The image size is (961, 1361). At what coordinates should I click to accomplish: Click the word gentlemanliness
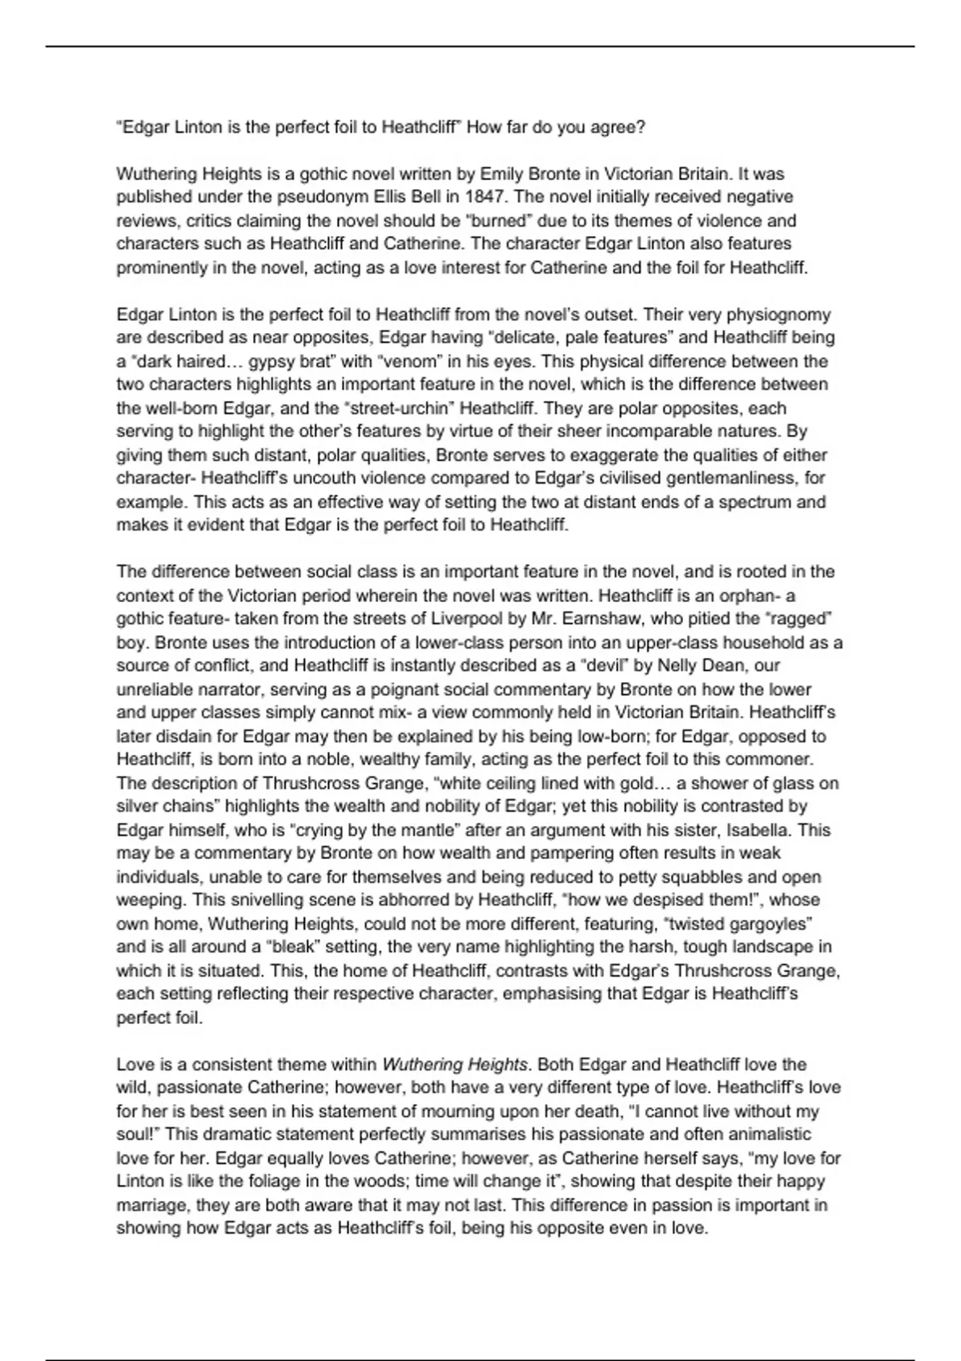pyautogui.click(x=731, y=479)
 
